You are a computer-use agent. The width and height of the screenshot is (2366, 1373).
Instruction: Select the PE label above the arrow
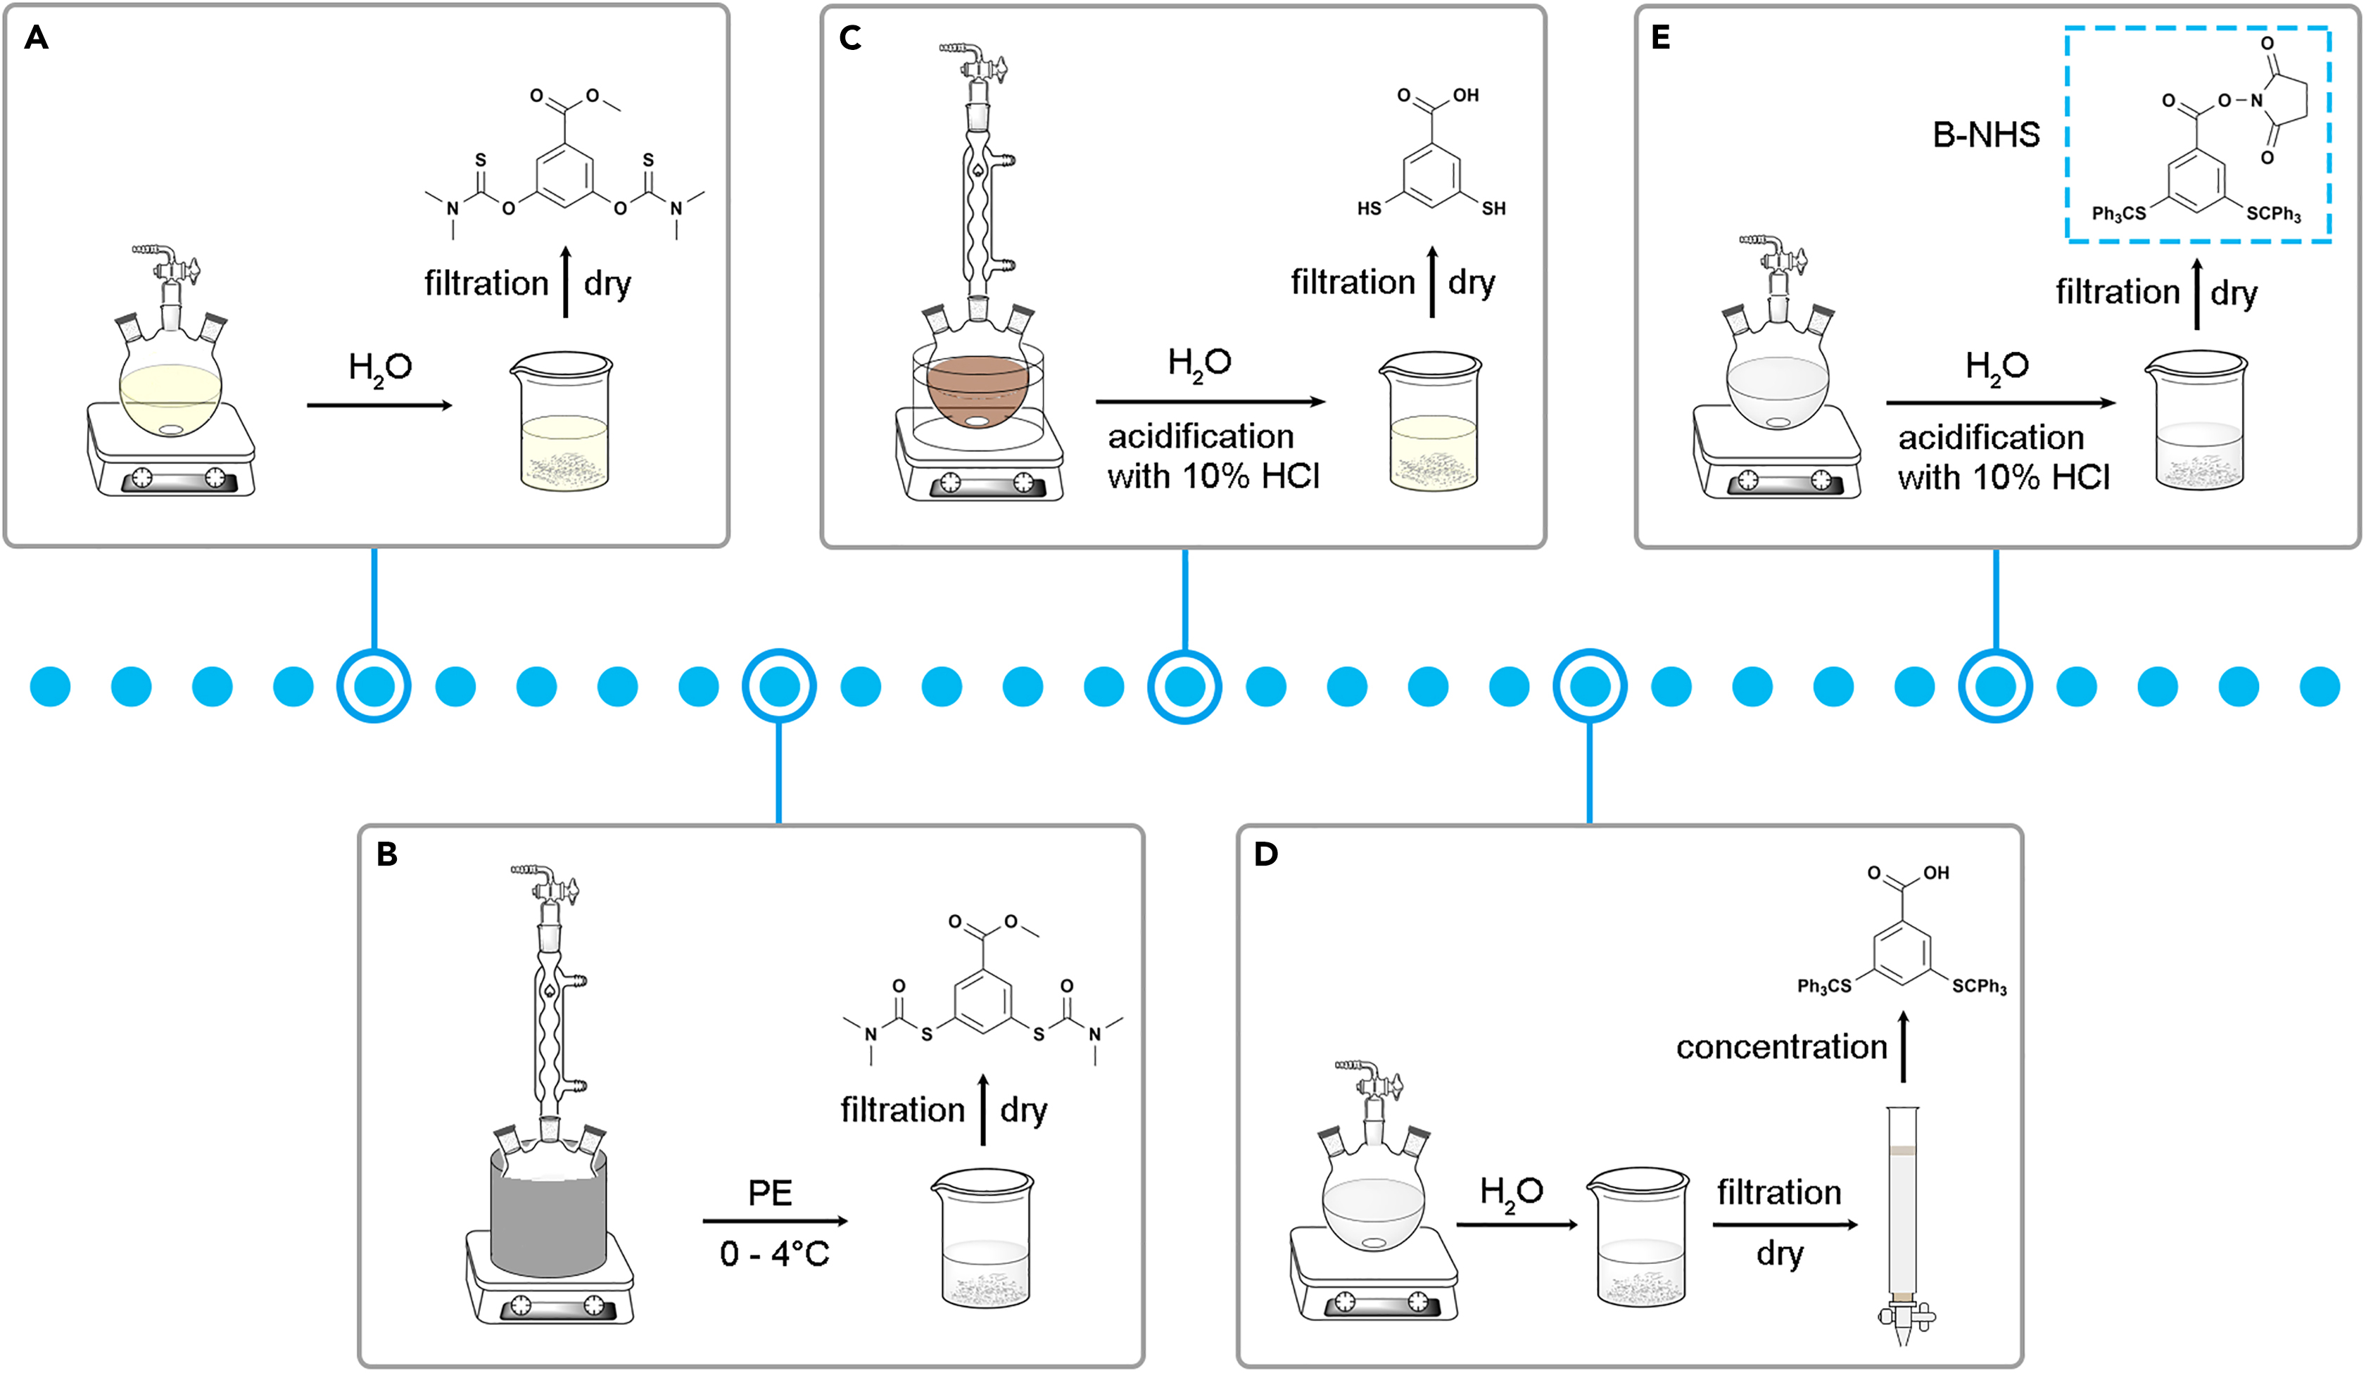point(770,1193)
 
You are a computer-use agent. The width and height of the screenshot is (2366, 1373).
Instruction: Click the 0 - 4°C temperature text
point(775,1254)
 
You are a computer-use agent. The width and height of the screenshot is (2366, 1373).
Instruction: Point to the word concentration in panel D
point(1781,1046)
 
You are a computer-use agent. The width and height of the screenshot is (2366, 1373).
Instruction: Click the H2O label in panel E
point(1997,366)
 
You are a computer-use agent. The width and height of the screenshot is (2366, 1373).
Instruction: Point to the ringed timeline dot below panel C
point(1185,687)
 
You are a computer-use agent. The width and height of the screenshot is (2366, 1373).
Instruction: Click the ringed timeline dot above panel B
point(779,687)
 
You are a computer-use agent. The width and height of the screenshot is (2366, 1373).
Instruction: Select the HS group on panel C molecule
point(1369,208)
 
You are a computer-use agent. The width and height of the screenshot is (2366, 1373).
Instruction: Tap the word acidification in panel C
point(1200,437)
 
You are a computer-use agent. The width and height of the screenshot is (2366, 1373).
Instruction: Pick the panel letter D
point(1265,854)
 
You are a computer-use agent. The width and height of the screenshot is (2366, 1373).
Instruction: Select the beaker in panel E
point(2197,423)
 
